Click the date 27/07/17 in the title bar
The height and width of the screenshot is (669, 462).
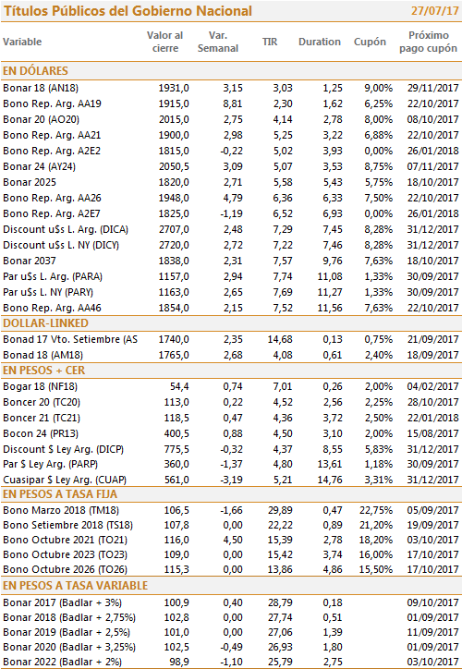[434, 11]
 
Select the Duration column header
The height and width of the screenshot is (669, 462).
[320, 42]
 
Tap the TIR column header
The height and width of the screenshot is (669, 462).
[270, 42]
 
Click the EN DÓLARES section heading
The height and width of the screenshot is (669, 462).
[35, 71]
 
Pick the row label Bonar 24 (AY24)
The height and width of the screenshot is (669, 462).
[39, 167]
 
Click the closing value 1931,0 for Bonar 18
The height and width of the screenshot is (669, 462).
[174, 89]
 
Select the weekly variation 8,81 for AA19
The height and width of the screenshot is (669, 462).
[233, 104]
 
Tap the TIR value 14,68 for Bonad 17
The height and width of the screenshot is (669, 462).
[280, 340]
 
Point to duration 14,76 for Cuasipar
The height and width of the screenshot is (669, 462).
[330, 480]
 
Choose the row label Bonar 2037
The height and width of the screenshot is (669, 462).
[30, 262]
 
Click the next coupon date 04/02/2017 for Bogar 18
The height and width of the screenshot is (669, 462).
[432, 386]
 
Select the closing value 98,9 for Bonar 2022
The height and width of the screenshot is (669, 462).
[179, 663]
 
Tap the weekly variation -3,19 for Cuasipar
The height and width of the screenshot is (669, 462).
[231, 480]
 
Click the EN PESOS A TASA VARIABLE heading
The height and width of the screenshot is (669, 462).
[76, 586]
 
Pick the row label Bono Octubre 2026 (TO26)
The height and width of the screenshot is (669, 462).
[66, 569]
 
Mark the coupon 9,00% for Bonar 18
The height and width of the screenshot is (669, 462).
[379, 89]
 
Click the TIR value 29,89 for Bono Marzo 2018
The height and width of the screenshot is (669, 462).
[280, 510]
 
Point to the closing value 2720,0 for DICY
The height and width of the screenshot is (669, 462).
[174, 245]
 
